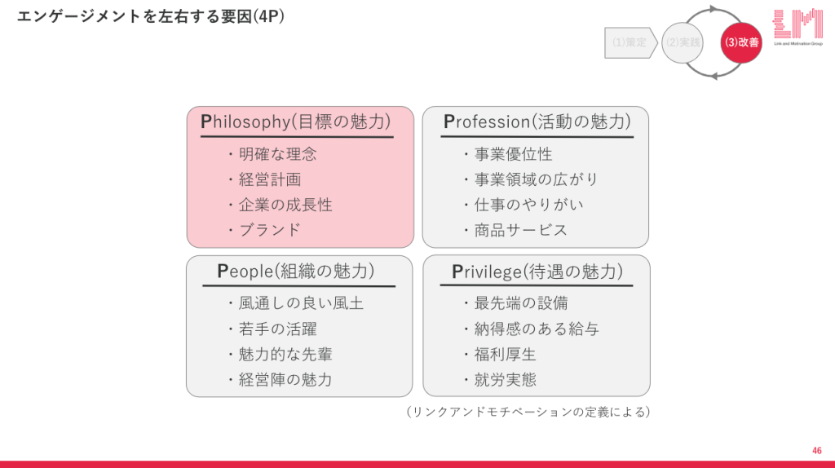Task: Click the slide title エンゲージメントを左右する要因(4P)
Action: point(151,16)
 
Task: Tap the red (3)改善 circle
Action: point(741,42)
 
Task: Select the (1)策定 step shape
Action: point(630,42)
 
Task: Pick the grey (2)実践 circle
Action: point(683,42)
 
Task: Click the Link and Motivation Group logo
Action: point(797,27)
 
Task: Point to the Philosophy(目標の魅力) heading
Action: point(296,121)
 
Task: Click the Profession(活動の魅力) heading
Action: point(537,121)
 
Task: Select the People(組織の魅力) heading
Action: point(296,271)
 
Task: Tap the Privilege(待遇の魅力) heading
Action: point(537,272)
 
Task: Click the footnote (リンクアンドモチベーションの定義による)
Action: point(528,412)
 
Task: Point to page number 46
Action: point(817,451)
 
